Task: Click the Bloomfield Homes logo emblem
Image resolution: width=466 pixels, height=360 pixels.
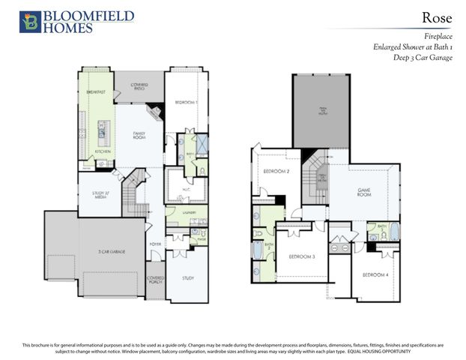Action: click(30, 21)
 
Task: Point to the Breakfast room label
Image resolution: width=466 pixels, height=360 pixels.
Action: click(95, 91)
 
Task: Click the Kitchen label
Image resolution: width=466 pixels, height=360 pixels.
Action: click(103, 151)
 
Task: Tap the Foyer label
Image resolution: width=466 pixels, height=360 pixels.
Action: click(155, 244)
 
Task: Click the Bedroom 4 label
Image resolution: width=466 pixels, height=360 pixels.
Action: click(375, 274)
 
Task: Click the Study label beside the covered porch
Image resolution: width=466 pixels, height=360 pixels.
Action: click(187, 278)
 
